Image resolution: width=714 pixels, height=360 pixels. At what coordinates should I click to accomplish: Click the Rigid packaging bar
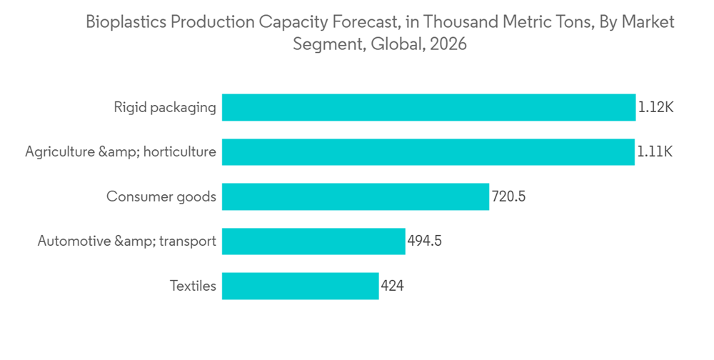click(428, 108)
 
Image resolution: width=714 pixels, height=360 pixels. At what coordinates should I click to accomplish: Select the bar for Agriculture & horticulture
click(428, 152)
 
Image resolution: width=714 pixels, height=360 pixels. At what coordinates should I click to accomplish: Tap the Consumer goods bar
click(355, 196)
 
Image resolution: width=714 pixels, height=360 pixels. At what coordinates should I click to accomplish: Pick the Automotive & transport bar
click(313, 241)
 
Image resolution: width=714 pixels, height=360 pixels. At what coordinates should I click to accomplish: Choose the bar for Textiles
click(300, 286)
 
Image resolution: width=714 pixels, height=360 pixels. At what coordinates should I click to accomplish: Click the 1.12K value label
click(655, 108)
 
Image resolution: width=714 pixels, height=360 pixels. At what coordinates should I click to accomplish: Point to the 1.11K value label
click(655, 152)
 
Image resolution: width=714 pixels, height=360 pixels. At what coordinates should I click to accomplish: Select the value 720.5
click(508, 196)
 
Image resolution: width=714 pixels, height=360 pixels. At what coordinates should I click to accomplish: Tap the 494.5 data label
click(424, 241)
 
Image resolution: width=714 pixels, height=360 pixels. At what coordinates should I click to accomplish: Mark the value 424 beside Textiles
click(393, 286)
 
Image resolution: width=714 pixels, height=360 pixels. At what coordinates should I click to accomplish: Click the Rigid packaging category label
click(164, 108)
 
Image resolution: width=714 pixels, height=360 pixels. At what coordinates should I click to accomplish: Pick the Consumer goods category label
click(161, 196)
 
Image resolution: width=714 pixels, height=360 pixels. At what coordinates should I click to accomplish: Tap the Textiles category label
click(193, 286)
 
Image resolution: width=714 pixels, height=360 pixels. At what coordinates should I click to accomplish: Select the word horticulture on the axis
click(179, 152)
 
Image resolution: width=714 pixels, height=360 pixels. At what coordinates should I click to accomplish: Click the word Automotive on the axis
click(74, 241)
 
